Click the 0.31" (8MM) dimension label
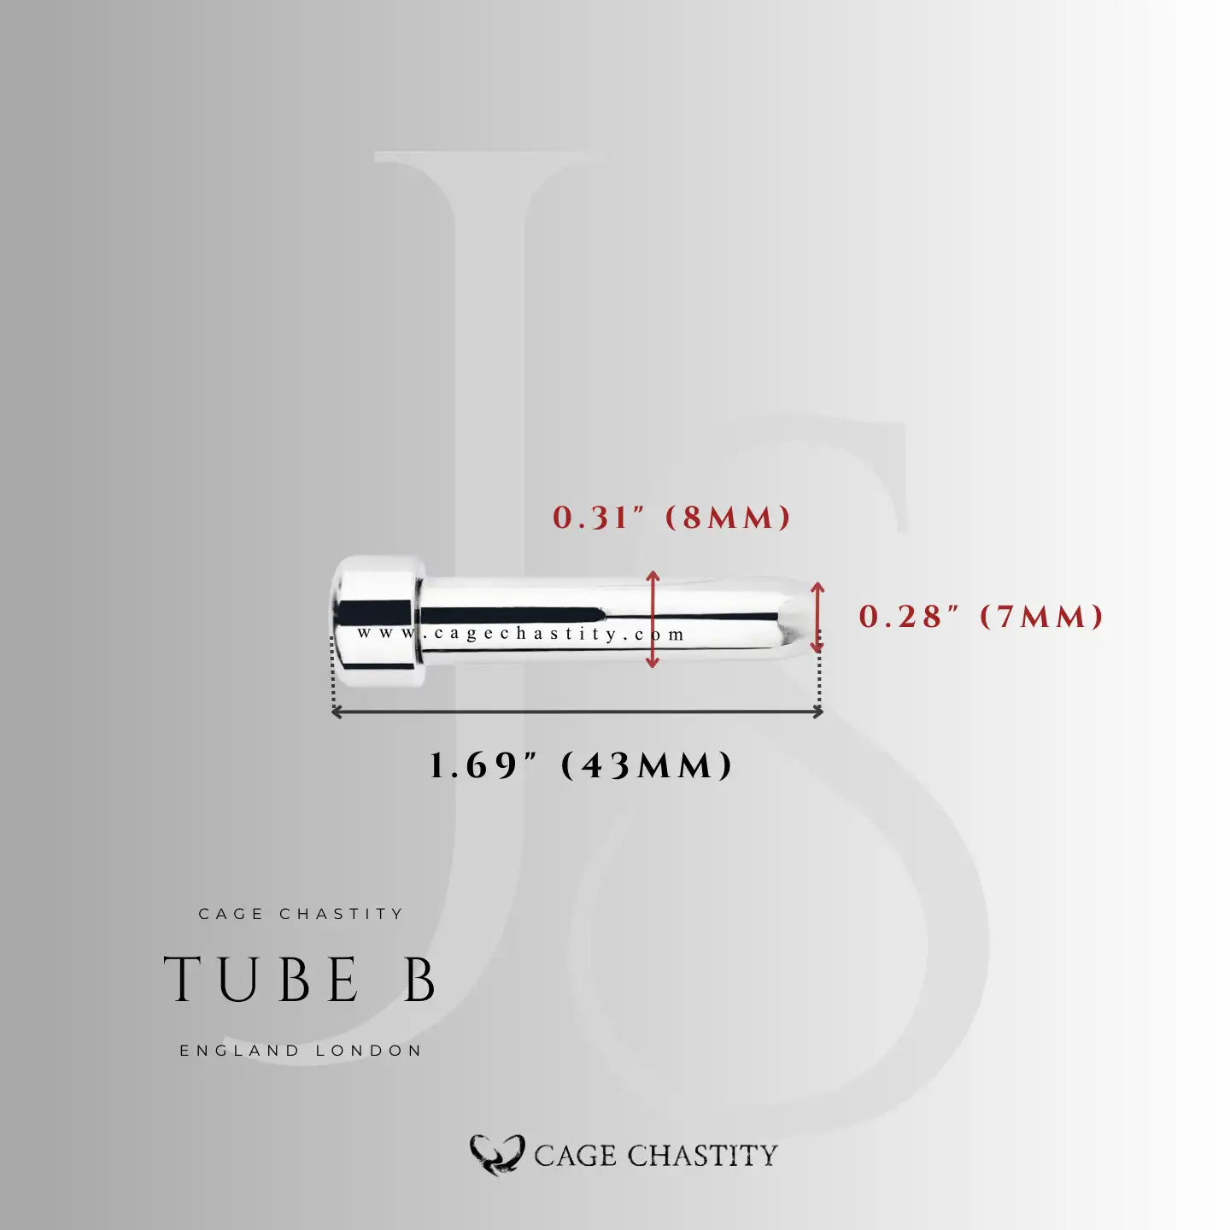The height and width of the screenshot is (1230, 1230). [x=671, y=518]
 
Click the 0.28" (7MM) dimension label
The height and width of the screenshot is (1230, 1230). [x=981, y=617]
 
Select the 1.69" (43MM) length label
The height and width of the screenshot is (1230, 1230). [x=581, y=765]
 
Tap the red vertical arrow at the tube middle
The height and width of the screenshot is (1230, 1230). [x=653, y=618]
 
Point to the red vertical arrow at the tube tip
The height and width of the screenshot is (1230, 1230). [x=817, y=617]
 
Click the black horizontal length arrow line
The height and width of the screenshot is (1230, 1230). [x=577, y=711]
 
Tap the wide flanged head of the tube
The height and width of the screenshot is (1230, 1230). [x=377, y=619]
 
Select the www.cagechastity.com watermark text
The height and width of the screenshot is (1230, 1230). [x=521, y=634]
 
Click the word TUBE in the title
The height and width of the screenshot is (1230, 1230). [x=262, y=980]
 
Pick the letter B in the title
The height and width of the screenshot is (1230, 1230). [x=420, y=980]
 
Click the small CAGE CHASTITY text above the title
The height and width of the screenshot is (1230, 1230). [x=301, y=914]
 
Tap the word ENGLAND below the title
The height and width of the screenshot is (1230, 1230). [x=239, y=1051]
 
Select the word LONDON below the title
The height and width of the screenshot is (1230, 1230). [x=369, y=1051]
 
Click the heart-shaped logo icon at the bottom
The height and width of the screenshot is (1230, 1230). [x=496, y=1155]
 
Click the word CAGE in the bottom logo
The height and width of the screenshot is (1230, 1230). [x=575, y=1156]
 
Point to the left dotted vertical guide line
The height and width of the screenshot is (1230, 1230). [x=332, y=675]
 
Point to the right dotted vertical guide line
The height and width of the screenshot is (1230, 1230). [x=820, y=679]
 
